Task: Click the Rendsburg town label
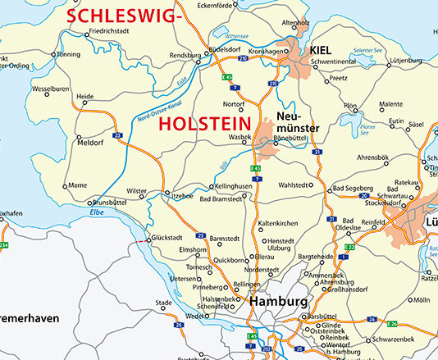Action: [185, 57]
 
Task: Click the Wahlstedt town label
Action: [296, 185]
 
